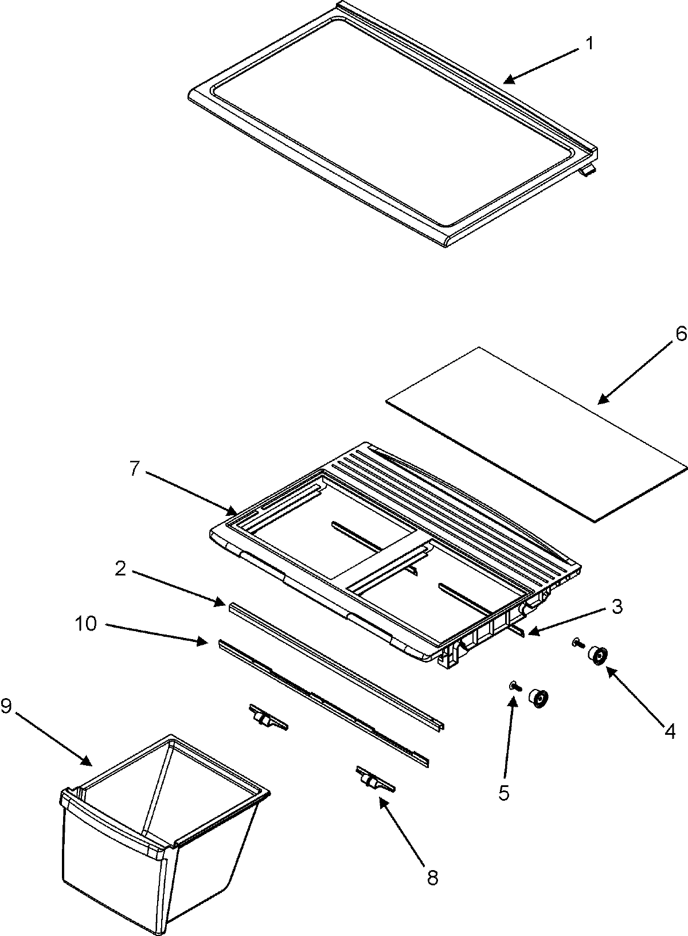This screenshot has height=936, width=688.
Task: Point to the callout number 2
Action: pyautogui.click(x=120, y=568)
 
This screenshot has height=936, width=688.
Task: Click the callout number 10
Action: pyautogui.click(x=86, y=624)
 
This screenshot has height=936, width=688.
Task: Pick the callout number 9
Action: pyautogui.click(x=6, y=706)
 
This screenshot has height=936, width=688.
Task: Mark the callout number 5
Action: pyautogui.click(x=503, y=793)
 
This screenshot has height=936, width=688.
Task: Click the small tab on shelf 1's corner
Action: pyautogui.click(x=588, y=171)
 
